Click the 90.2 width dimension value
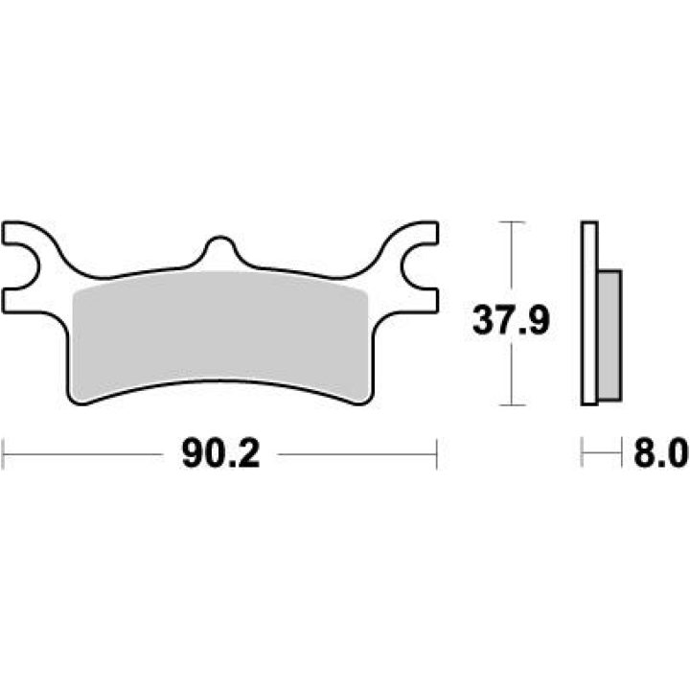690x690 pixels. click(221, 453)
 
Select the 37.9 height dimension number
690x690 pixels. click(511, 320)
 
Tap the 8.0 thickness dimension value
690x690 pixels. click(661, 452)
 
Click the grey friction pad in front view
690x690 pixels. click(220, 334)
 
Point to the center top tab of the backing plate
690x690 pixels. click(219, 249)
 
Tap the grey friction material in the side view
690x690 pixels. click(609, 334)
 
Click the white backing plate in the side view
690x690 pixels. click(589, 312)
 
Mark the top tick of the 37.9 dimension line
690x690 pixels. click(511, 222)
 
